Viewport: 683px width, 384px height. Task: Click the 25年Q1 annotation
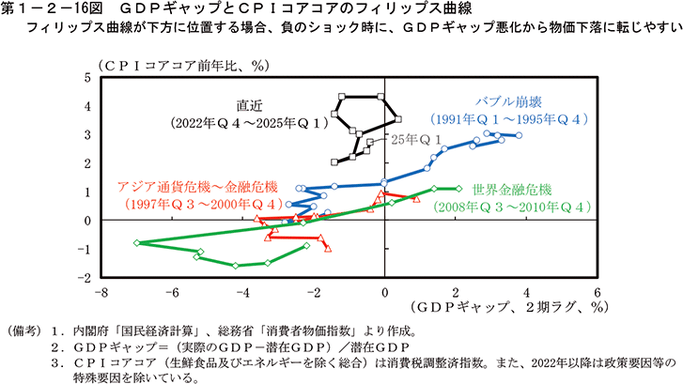click(x=417, y=139)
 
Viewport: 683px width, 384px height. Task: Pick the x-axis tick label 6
click(x=597, y=292)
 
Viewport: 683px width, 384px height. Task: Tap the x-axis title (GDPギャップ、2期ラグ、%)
click(x=502, y=307)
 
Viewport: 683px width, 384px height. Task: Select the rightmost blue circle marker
click(x=519, y=136)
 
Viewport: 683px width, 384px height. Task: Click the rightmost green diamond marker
click(x=458, y=188)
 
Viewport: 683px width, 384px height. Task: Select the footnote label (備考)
click(x=24, y=330)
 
